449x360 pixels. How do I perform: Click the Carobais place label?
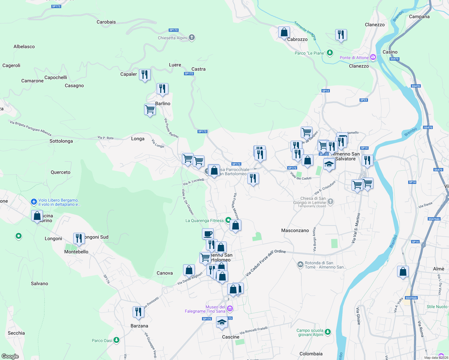point(106,22)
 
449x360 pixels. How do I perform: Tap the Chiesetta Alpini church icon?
point(192,38)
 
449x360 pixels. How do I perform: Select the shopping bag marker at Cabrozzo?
point(284,32)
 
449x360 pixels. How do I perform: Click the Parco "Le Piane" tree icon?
point(330,53)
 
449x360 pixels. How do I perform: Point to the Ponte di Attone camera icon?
point(373,57)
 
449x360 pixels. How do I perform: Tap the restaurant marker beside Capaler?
point(145,75)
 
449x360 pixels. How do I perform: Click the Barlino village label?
point(163,103)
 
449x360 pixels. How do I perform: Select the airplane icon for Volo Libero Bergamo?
point(34,202)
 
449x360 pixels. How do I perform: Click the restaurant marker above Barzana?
point(138,312)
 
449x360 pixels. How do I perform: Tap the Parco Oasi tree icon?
point(116,340)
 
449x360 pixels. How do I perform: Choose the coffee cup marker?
point(208,233)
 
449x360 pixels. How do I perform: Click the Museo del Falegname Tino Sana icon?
point(230,309)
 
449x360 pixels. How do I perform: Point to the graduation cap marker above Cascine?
point(222,322)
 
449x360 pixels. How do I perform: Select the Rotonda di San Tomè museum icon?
point(300,265)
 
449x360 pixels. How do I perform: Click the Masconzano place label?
point(295,230)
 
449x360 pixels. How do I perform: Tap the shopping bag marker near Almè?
point(403,272)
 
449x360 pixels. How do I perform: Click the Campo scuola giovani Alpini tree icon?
point(328,332)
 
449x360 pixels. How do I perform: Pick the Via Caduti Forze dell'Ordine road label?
point(265,263)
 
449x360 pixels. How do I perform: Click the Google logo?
point(10,356)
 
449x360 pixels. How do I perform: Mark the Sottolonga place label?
point(61,141)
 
